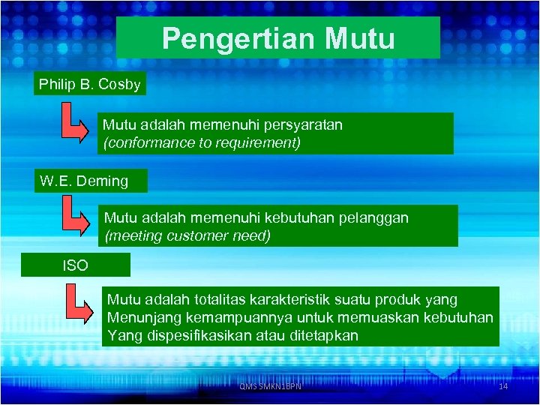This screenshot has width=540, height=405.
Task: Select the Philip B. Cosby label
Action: pos(90,84)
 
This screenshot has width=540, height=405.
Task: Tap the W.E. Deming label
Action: pos(84,181)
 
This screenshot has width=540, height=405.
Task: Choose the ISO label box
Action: pos(75,265)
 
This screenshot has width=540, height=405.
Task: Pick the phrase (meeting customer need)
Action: pos(187,236)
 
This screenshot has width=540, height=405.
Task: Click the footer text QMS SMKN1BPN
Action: pos(270,386)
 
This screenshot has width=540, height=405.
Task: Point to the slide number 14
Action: pos(503,386)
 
